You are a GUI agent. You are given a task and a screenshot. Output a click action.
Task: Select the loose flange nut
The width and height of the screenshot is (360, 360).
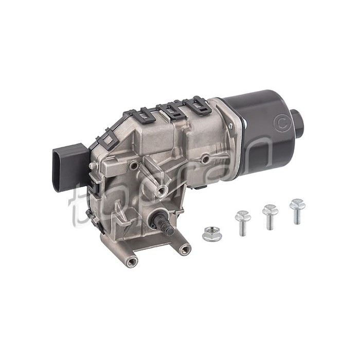(212, 234)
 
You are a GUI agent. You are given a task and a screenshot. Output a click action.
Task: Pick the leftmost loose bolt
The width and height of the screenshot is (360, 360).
(243, 222)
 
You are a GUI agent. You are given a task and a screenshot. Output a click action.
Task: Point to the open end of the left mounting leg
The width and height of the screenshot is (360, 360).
(132, 262)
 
